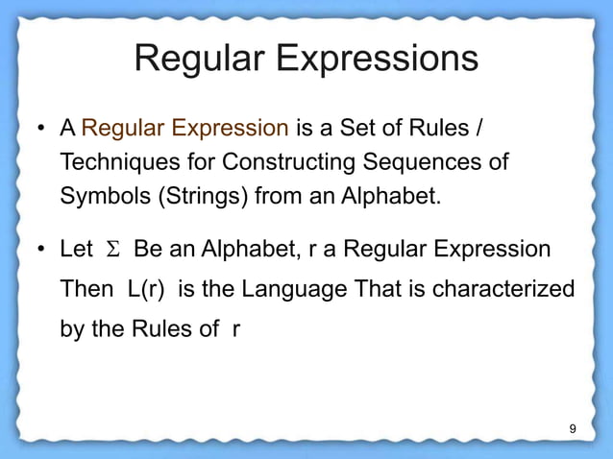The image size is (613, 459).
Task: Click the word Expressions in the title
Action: tap(378, 60)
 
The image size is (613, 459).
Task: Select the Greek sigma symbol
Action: tap(111, 251)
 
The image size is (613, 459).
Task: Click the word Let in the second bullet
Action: tap(77, 250)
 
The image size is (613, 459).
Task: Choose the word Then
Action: tap(86, 289)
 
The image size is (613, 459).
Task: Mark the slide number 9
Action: tap(573, 428)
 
